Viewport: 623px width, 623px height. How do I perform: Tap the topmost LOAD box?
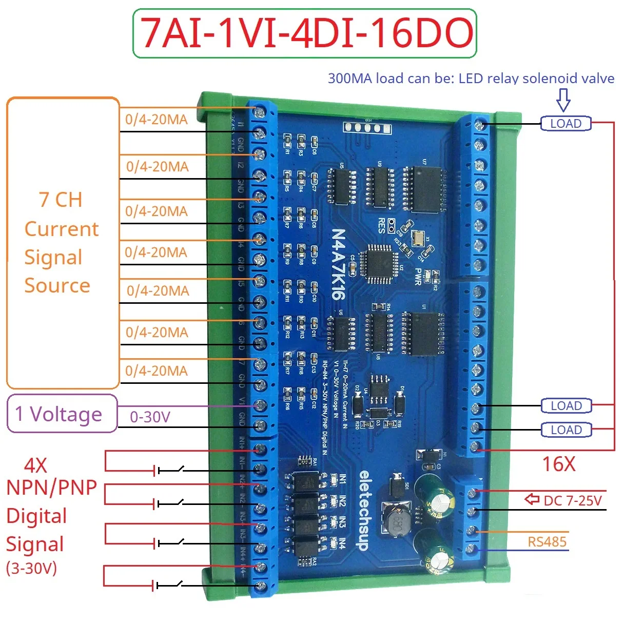566,124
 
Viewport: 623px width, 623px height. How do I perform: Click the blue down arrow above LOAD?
563,99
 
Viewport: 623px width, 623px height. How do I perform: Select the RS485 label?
547,542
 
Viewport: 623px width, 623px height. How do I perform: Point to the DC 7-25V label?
573,500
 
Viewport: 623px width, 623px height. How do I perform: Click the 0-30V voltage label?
149,417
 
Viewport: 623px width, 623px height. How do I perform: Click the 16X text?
559,464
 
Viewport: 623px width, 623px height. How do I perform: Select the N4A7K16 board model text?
338,264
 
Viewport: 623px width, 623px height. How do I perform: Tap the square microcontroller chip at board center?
379,263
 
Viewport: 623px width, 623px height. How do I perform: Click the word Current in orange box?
61,229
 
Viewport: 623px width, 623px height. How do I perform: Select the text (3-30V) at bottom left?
31,568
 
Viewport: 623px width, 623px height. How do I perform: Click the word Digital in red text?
36,516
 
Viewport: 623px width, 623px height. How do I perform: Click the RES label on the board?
381,226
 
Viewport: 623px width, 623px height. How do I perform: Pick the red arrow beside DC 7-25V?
532,499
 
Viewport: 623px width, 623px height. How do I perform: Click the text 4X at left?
35,465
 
